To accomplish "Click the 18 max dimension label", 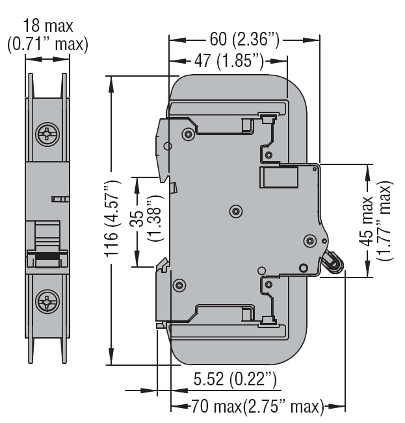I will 47,26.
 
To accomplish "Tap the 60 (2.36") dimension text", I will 244,40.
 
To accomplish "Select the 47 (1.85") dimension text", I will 228,62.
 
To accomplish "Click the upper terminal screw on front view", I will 47,136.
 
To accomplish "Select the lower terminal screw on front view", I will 47,301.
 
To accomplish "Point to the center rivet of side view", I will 236,211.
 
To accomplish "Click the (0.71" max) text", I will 47,44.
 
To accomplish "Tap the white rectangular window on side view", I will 279,177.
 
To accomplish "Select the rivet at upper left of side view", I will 188,135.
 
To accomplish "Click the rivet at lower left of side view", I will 179,285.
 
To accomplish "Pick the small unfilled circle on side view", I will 261,270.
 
